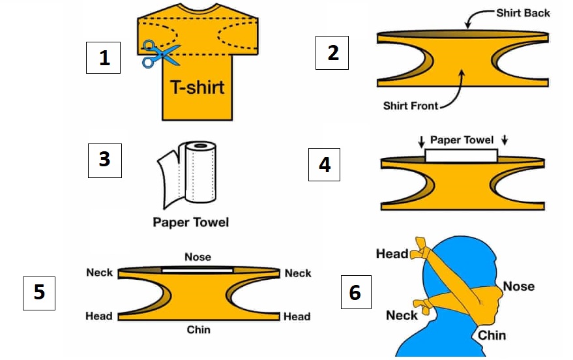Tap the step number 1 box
click(x=104, y=57)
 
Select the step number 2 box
click(x=332, y=52)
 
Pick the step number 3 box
click(x=104, y=160)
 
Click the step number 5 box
click(x=39, y=292)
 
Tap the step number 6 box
click(x=355, y=292)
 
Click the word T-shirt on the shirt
click(x=197, y=87)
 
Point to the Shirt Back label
click(x=523, y=13)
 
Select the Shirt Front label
click(x=411, y=105)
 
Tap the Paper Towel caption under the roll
click(x=191, y=222)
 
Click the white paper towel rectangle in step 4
click(x=460, y=155)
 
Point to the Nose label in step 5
click(x=198, y=257)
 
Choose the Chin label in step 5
click(x=198, y=329)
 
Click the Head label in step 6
click(x=392, y=254)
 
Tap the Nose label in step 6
click(x=518, y=286)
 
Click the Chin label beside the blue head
click(x=492, y=335)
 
